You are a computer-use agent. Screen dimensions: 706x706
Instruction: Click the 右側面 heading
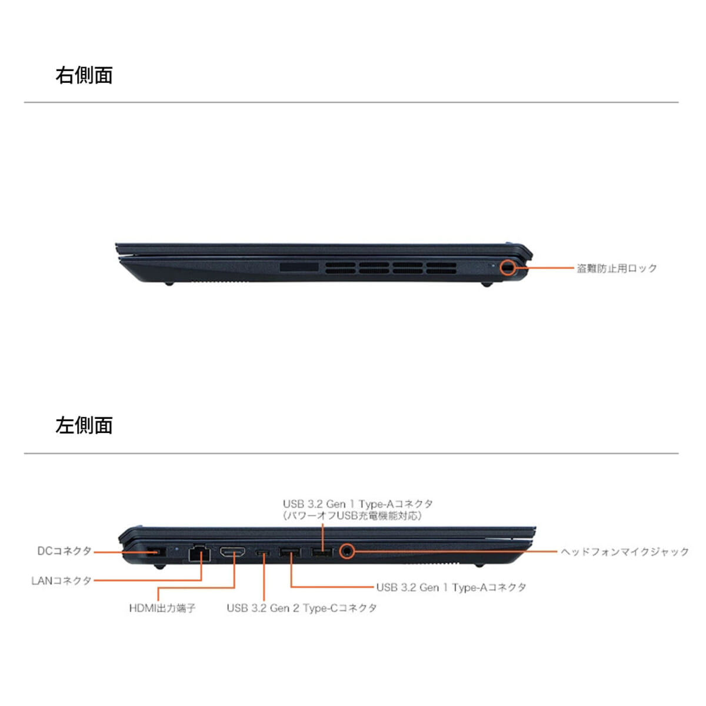click(x=84, y=75)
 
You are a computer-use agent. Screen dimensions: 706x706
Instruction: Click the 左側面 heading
click(x=84, y=425)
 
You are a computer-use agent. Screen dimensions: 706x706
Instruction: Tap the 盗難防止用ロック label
click(x=617, y=268)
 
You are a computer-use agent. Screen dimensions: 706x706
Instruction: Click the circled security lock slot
click(x=508, y=268)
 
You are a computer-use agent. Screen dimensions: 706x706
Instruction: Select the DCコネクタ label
click(x=65, y=551)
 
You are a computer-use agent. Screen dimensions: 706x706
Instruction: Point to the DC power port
click(x=156, y=552)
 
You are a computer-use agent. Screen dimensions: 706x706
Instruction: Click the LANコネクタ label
click(x=61, y=580)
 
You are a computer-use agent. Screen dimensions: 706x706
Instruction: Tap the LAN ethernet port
click(x=199, y=552)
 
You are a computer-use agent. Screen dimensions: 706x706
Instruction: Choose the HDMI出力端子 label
click(x=162, y=608)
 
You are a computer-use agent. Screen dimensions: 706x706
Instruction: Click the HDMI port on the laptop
click(x=232, y=552)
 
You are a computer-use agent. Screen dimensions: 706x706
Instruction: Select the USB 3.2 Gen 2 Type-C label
click(x=302, y=608)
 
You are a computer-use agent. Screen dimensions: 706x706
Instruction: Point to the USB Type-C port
click(x=262, y=553)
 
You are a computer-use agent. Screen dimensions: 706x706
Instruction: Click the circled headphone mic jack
click(x=346, y=551)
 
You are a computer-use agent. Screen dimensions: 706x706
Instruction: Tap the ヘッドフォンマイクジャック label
click(x=625, y=551)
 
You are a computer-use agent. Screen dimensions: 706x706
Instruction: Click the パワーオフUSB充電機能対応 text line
click(x=352, y=516)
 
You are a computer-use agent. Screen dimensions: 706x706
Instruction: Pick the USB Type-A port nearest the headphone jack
click(x=322, y=552)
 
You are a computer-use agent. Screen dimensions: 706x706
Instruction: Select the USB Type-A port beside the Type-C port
click(x=290, y=552)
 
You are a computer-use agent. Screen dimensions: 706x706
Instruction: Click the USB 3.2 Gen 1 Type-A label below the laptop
click(x=451, y=587)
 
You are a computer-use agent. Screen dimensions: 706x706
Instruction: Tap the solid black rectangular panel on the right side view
click(x=299, y=267)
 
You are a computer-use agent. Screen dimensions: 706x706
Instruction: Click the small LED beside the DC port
click(x=177, y=548)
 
